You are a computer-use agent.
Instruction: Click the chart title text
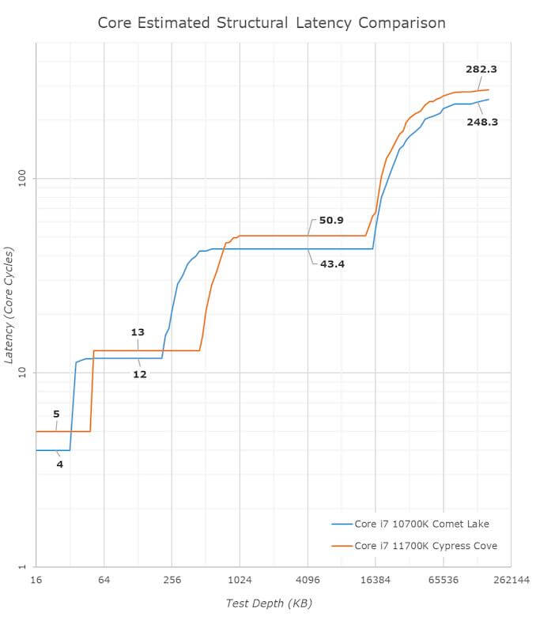point(271,22)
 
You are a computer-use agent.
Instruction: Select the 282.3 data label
point(481,70)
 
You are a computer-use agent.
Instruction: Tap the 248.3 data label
point(481,122)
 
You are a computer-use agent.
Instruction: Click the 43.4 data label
point(332,263)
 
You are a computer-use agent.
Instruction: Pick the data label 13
point(138,332)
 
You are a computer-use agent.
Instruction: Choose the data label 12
point(139,374)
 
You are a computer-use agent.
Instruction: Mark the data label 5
point(56,414)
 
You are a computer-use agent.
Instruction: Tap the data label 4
point(59,464)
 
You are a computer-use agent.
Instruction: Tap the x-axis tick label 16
point(36,580)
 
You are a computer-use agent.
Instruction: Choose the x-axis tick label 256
point(172,580)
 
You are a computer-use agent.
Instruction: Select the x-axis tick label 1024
point(240,580)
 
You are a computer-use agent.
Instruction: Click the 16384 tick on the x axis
point(375,580)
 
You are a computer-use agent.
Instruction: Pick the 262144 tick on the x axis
point(510,580)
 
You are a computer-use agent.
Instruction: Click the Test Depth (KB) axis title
point(269,604)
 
